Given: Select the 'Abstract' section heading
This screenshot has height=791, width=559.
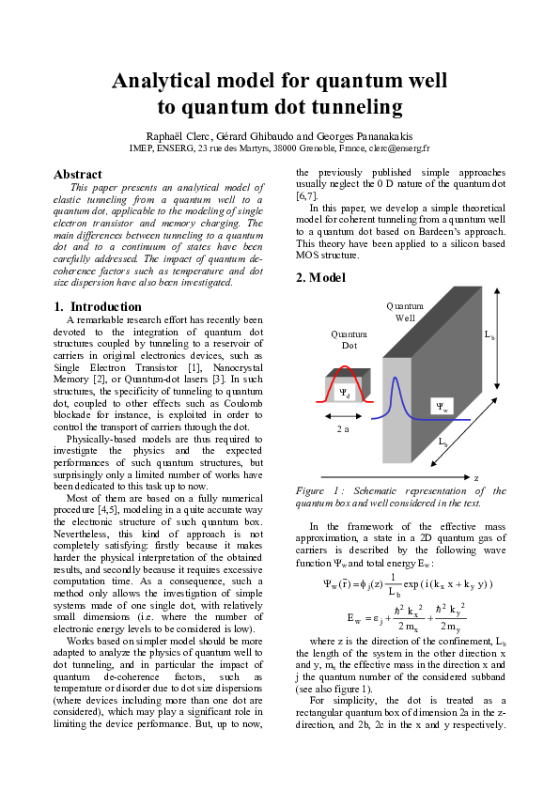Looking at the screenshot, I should tap(78, 175).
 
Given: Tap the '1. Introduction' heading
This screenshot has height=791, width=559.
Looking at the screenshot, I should tap(98, 306).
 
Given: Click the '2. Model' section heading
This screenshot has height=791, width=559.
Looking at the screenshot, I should tap(320, 278).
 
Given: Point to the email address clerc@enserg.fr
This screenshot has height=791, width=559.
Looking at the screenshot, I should tap(398, 148).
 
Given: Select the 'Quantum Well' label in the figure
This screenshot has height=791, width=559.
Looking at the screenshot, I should tap(405, 312).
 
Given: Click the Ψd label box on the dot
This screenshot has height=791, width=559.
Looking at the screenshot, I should tap(345, 394).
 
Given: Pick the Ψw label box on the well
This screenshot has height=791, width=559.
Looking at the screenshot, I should tap(442, 406).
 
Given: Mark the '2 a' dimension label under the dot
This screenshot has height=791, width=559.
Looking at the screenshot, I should tap(344, 428).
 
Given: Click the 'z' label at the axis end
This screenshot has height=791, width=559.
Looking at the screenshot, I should tap(476, 477).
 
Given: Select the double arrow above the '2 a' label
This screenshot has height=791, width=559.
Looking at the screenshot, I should tap(344, 414).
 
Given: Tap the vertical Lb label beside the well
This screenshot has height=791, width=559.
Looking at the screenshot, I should tap(489, 334).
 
